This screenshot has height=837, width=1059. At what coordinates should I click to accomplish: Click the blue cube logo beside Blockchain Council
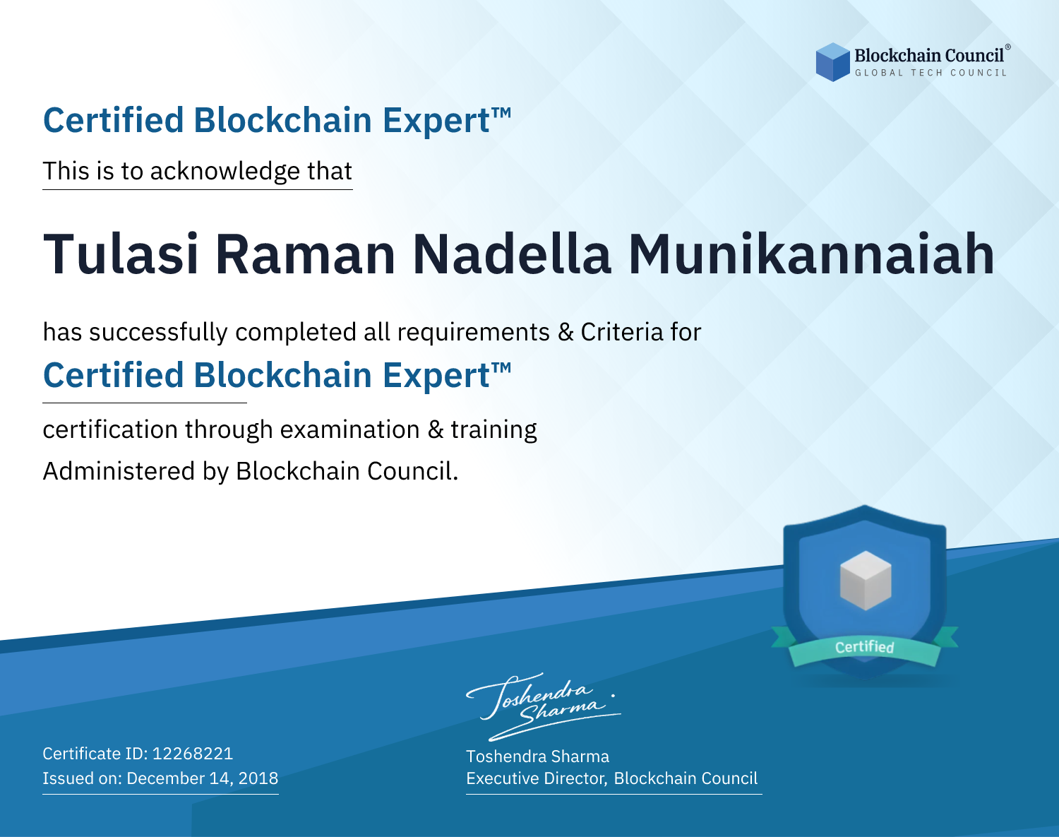coord(832,62)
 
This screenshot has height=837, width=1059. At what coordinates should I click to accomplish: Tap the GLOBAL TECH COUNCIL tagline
coord(931,73)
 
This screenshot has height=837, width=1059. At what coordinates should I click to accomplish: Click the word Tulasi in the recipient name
coord(121,254)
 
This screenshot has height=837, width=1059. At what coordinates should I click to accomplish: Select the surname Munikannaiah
coord(812,254)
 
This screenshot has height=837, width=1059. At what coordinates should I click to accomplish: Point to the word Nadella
coord(512,254)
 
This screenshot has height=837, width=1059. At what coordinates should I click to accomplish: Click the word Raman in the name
coord(306,254)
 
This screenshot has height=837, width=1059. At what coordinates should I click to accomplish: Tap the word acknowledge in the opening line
coord(225,172)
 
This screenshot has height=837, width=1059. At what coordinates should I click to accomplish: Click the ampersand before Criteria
coord(566,332)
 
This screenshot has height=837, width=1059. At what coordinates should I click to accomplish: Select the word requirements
coord(474,333)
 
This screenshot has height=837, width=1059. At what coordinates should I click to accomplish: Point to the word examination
coord(350,429)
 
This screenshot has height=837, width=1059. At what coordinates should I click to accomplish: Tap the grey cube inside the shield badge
coord(866,581)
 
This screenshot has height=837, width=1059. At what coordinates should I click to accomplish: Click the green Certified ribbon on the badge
coord(865,647)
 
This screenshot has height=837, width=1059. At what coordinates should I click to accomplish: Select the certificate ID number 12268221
coord(193,754)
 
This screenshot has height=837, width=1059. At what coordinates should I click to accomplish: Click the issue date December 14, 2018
coord(202,778)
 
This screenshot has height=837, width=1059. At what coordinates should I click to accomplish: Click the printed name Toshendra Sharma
coord(537,756)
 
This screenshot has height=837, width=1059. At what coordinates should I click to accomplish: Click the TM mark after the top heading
coord(501,113)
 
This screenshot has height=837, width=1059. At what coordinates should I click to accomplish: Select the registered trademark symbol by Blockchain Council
coord(1008,47)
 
